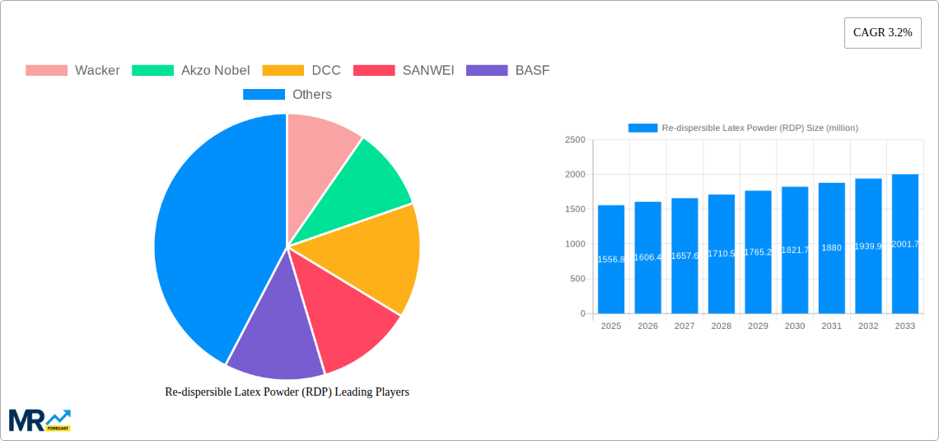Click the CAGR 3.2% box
(882, 33)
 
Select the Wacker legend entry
(72, 70)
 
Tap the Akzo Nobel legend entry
(190, 70)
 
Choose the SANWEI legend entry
(404, 70)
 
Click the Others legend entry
(287, 95)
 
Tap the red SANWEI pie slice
(346, 317)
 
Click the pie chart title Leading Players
(287, 392)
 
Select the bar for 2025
(611, 259)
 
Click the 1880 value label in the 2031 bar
(831, 248)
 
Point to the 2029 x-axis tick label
(758, 326)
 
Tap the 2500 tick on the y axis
(574, 140)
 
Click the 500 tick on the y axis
(577, 279)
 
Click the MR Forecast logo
(40, 420)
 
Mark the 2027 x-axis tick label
(684, 326)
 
